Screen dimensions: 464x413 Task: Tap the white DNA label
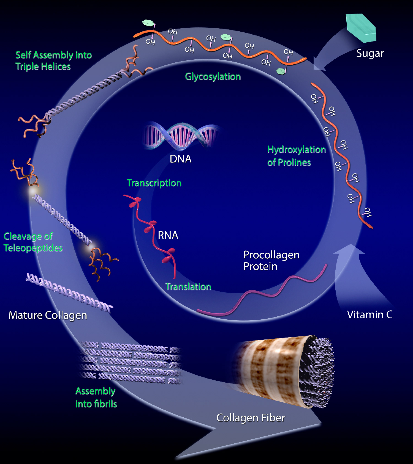click(180, 159)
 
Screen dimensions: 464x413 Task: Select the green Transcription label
click(154, 183)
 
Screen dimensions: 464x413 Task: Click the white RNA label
click(168, 235)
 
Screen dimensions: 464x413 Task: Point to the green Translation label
click(188, 287)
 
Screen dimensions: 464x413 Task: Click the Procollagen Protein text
click(271, 261)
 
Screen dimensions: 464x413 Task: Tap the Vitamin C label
click(369, 315)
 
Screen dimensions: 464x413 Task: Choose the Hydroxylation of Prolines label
click(296, 156)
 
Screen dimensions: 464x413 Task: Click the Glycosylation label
click(213, 77)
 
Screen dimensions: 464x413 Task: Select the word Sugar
click(370, 53)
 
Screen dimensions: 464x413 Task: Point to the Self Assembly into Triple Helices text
click(53, 61)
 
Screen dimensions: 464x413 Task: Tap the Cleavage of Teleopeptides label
click(33, 242)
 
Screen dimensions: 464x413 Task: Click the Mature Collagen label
click(48, 315)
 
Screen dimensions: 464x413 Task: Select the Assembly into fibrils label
click(96, 397)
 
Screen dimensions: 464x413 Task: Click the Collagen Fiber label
click(251, 418)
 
